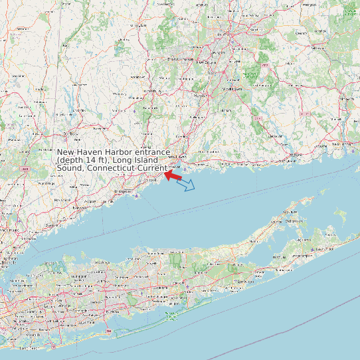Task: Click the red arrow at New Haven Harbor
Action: click(173, 176)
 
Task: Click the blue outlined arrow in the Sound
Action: click(187, 184)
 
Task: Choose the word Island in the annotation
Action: click(144, 161)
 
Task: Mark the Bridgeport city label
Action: click(123, 191)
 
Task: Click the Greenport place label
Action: click(291, 213)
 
